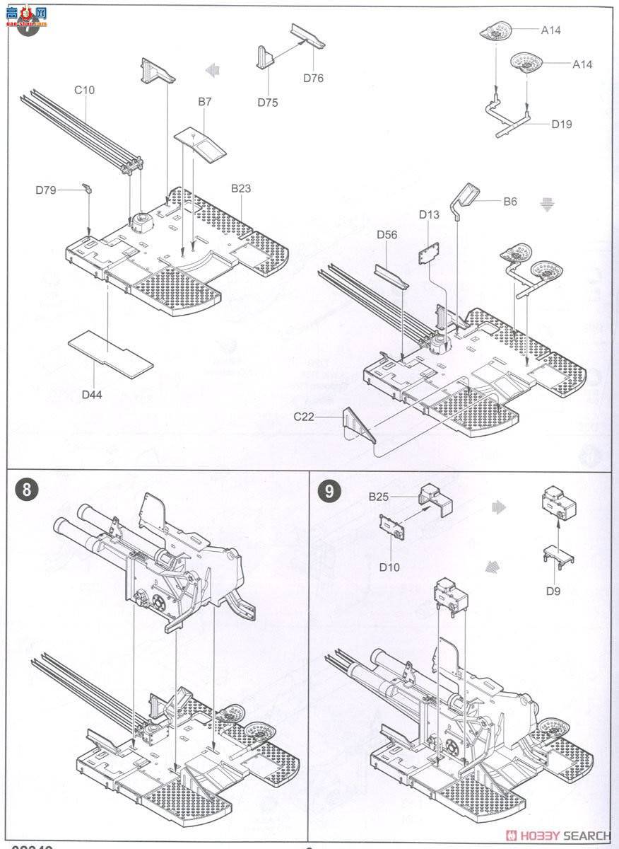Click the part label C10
coord(84,90)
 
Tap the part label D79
coord(47,190)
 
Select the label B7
coord(204,102)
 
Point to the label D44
coord(92,394)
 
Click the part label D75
coord(268,103)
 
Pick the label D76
coord(313,78)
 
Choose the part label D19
coord(562,124)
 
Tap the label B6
coord(510,202)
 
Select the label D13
coord(429,214)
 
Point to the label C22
coord(305,417)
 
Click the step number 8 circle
coord(27,491)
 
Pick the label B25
coord(379,497)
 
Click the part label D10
coord(389,567)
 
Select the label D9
coord(553,590)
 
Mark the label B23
coord(240,188)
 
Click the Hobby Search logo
coord(558,836)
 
